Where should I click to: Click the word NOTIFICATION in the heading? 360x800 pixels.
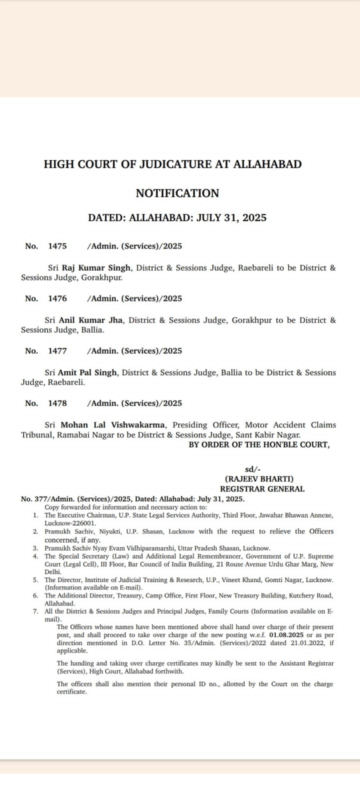(x=177, y=193)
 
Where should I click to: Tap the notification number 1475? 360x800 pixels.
(x=57, y=246)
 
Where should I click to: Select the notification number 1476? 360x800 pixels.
(x=57, y=298)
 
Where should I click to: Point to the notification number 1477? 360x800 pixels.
(x=57, y=351)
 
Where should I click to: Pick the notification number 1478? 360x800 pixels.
(x=57, y=403)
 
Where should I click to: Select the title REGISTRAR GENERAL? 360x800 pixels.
(x=262, y=489)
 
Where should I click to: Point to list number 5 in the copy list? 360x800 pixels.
(x=35, y=580)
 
